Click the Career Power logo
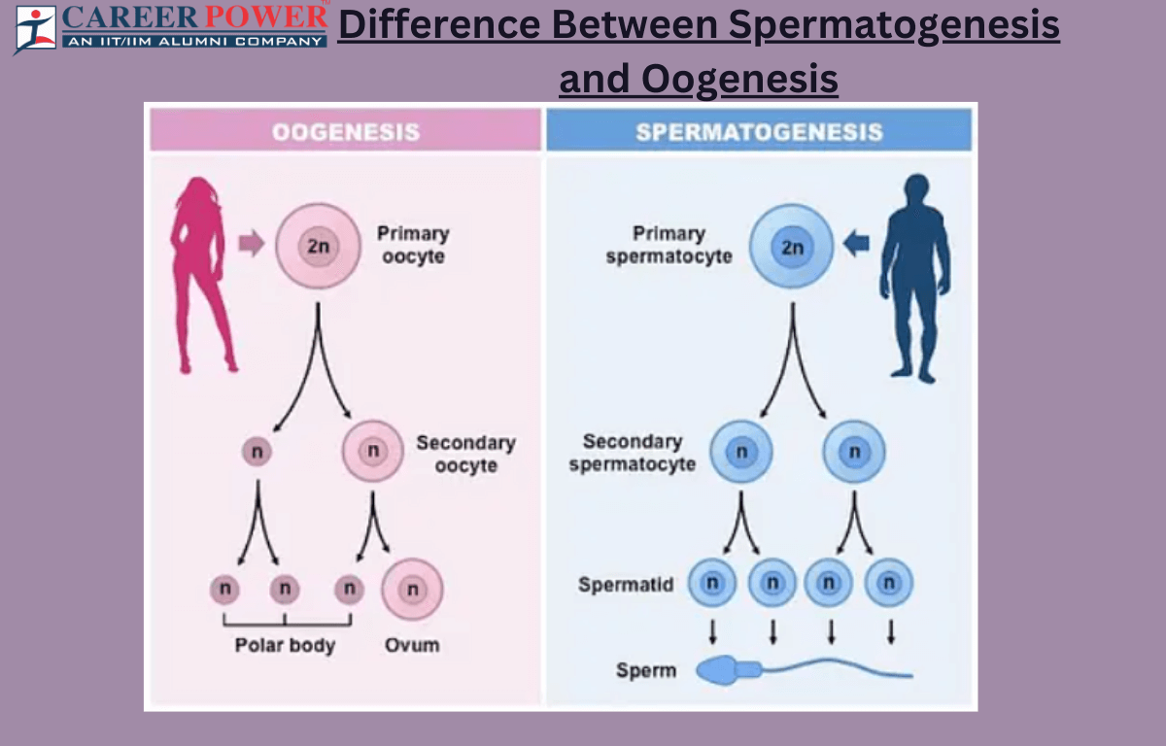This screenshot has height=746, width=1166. click(x=171, y=26)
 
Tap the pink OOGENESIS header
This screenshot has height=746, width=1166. click(x=345, y=131)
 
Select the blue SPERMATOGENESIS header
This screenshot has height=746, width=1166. click(x=759, y=131)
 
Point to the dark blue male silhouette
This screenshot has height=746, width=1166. click(x=914, y=277)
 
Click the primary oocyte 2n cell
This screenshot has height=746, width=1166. click(x=318, y=246)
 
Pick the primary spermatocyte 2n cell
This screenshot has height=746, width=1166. click(x=792, y=246)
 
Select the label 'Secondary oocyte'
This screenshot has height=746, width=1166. click(x=465, y=454)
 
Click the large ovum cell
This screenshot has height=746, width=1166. click(x=412, y=590)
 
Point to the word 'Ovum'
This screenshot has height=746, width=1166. click(x=412, y=644)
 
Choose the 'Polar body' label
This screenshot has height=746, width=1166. click(x=285, y=645)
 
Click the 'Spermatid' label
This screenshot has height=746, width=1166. click(x=626, y=585)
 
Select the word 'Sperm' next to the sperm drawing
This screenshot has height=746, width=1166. click(x=646, y=670)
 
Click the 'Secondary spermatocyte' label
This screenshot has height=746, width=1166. click(x=633, y=453)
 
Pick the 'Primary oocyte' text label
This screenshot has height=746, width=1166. click(x=413, y=245)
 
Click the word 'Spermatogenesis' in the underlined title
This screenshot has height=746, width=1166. click(x=894, y=25)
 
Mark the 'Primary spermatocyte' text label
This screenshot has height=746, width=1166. click(x=669, y=245)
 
